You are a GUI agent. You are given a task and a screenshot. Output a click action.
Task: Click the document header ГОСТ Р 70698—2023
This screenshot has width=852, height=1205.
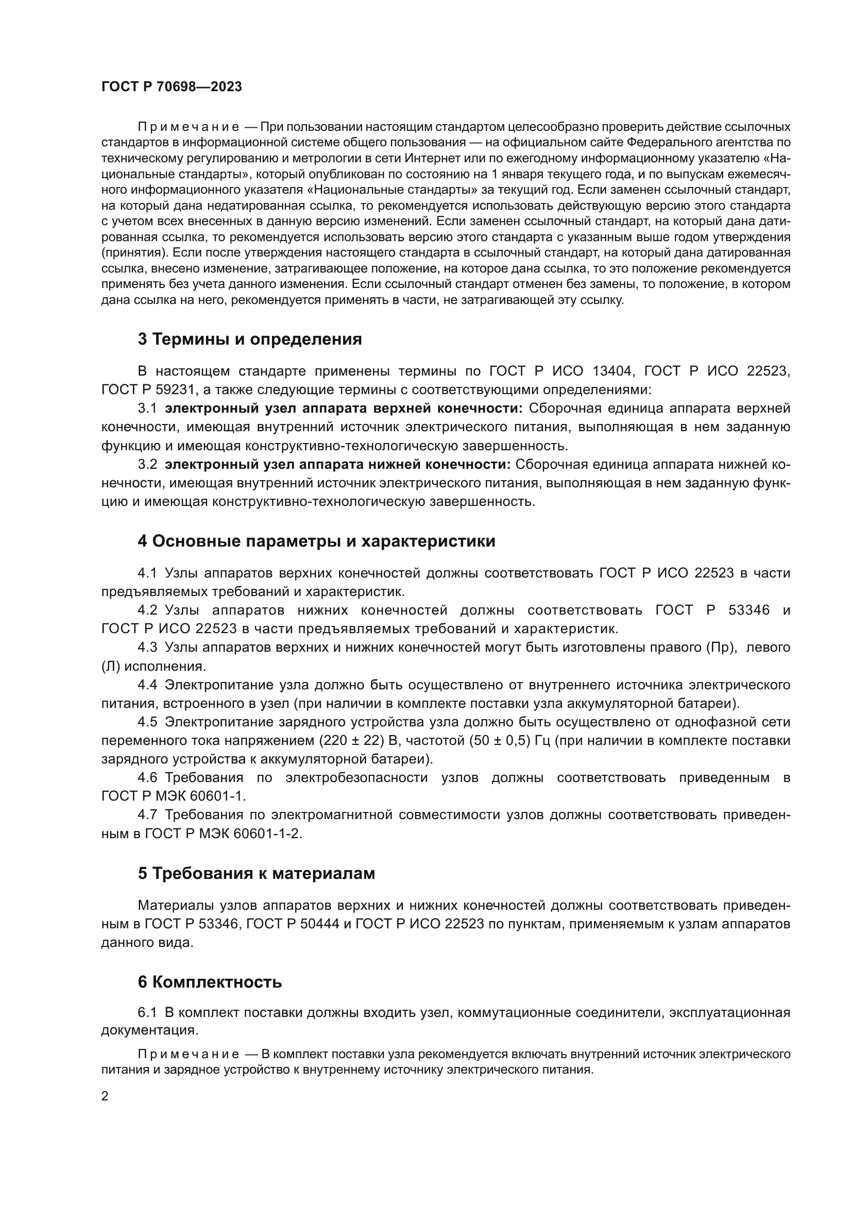click(x=172, y=87)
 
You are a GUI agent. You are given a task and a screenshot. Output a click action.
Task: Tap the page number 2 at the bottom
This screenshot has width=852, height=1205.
click(x=105, y=1096)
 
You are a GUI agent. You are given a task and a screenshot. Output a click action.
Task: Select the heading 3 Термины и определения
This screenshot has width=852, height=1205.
click(x=250, y=340)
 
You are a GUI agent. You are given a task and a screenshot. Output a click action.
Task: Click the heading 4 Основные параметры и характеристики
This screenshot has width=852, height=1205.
click(x=316, y=541)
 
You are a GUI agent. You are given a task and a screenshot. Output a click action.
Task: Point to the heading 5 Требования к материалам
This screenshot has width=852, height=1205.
click(x=257, y=873)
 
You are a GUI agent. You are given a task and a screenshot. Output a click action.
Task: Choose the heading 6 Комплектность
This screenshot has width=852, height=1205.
click(x=210, y=982)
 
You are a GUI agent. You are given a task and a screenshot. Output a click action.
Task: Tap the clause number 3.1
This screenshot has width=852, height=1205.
click(x=147, y=409)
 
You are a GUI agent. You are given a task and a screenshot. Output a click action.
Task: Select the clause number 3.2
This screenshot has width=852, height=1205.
click(x=147, y=465)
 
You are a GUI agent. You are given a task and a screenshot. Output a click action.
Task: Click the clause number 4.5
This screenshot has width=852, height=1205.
click(x=147, y=722)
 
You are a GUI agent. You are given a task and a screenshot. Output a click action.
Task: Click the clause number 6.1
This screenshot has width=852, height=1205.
click(x=147, y=1012)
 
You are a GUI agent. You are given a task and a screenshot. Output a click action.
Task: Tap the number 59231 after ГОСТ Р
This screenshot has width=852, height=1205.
click(x=175, y=390)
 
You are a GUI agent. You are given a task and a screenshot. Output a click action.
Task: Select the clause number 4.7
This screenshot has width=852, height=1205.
click(x=147, y=814)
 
